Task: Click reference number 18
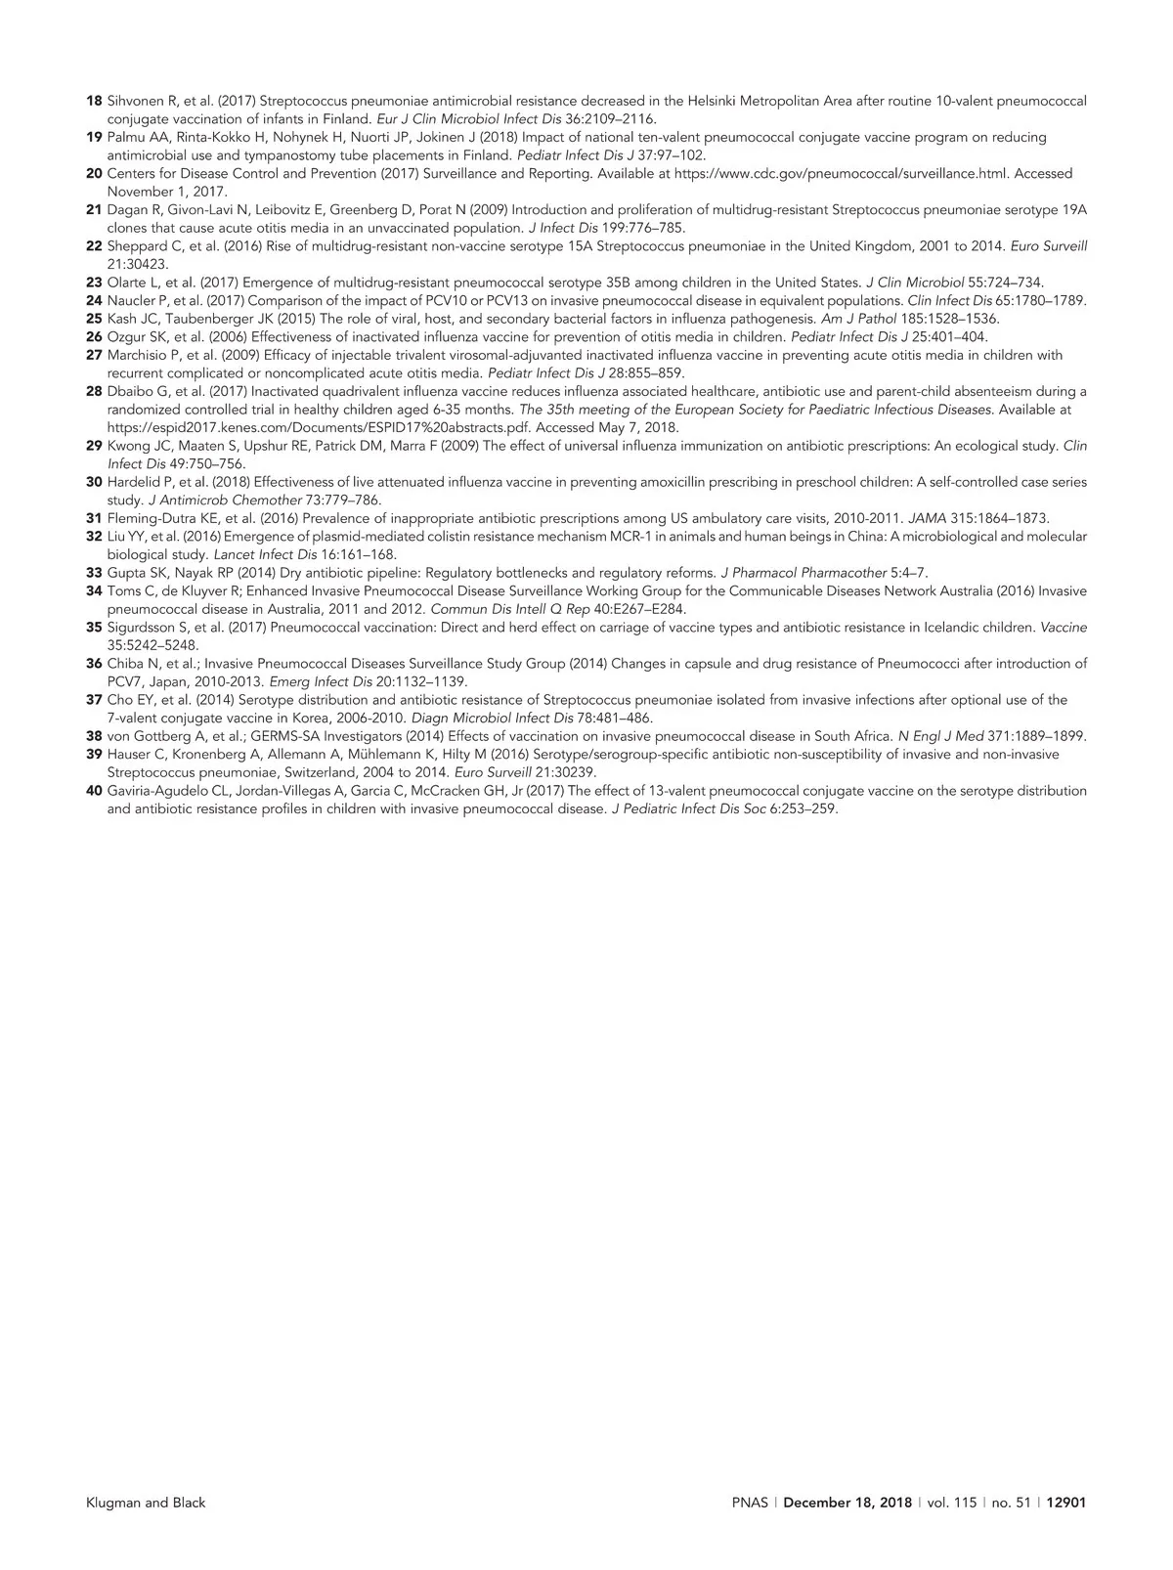click(94, 102)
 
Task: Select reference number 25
click(94, 319)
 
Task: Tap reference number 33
click(94, 573)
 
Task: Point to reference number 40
click(94, 791)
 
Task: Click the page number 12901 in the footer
click(1066, 1503)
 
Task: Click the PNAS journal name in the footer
click(750, 1503)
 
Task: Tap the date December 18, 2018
click(847, 1503)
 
